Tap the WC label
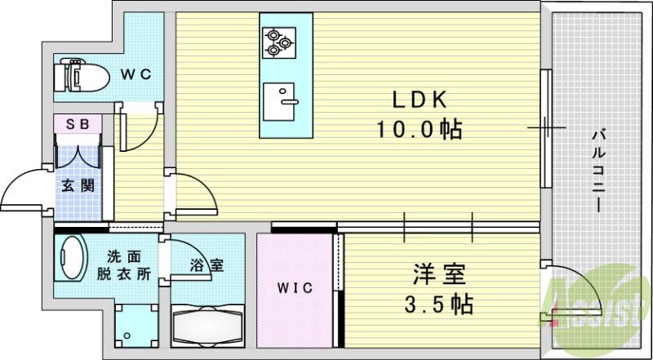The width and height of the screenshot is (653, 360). tap(136, 74)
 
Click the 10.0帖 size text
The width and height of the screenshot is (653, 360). tap(415, 129)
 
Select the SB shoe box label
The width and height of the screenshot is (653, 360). tap(78, 124)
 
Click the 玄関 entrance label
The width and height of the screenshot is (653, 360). tap(78, 185)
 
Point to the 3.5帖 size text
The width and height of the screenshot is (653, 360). tap(438, 305)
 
